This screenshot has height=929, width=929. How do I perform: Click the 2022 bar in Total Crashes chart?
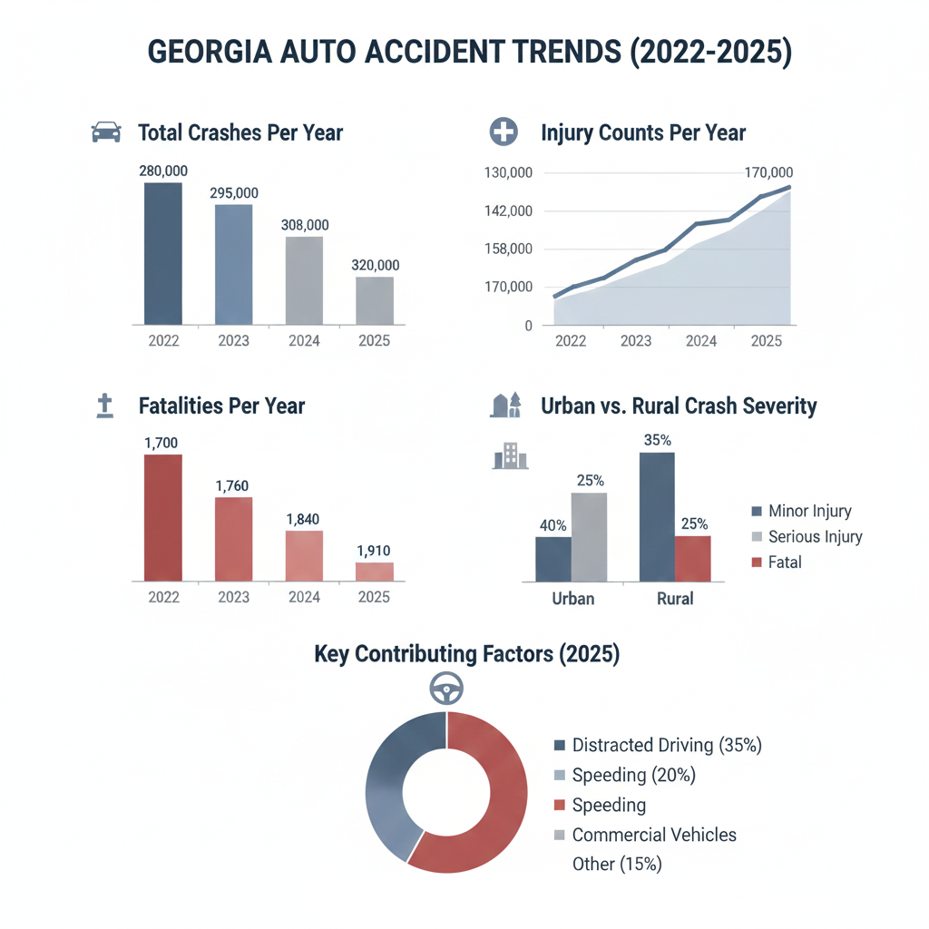[163, 253]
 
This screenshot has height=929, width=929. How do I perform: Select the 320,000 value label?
[375, 265]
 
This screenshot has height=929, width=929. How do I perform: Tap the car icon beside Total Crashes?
[106, 132]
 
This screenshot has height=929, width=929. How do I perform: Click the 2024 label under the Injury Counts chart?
[701, 341]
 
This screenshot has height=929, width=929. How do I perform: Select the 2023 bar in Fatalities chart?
[233, 539]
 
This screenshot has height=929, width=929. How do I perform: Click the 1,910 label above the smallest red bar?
[375, 551]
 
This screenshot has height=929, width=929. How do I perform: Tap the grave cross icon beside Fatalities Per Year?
[104, 406]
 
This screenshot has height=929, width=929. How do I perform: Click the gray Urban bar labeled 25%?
[589, 537]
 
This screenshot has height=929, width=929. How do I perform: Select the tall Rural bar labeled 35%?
[657, 516]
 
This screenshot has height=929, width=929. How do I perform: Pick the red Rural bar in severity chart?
[693, 558]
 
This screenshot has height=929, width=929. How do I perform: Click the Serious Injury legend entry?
[814, 536]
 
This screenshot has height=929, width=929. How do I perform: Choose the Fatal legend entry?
[784, 562]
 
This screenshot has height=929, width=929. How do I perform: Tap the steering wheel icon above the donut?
[446, 690]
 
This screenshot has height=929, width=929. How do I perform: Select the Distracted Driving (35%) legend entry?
[666, 746]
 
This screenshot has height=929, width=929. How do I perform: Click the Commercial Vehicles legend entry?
[653, 835]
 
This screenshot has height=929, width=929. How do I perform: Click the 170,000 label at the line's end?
[768, 172]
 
